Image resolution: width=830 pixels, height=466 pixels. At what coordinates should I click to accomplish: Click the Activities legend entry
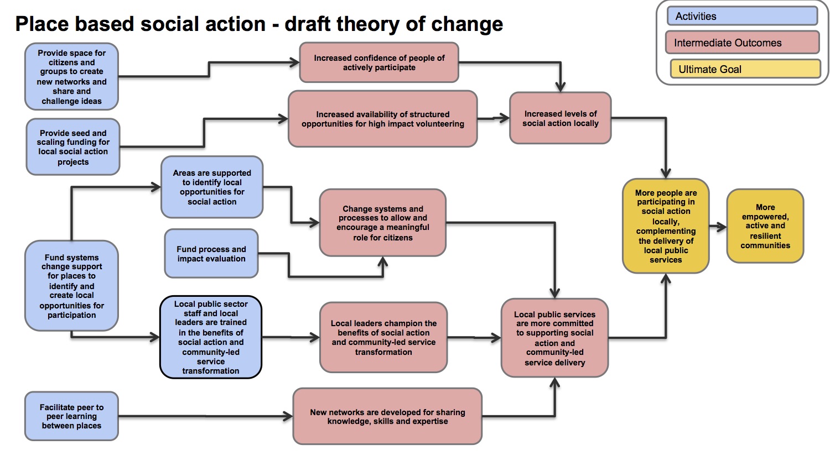[742, 16]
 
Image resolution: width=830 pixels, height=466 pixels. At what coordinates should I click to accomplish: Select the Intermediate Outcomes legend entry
[742, 43]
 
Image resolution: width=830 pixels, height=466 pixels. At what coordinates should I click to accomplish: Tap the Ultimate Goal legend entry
[745, 69]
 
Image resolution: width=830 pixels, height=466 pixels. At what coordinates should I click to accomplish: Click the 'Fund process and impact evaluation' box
[211, 254]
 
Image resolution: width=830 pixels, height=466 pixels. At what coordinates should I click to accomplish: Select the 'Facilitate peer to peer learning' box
[71, 416]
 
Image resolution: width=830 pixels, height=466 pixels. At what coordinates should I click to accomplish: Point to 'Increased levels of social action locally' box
[560, 118]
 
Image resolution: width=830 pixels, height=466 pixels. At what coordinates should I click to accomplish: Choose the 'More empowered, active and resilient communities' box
[765, 226]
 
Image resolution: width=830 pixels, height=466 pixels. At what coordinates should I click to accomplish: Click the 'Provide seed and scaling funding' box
[73, 147]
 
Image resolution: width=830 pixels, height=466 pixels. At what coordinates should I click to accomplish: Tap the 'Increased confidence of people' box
[379, 62]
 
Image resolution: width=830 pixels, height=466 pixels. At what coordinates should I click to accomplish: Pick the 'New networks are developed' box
[387, 416]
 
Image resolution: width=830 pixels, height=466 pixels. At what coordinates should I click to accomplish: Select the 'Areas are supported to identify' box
[212, 187]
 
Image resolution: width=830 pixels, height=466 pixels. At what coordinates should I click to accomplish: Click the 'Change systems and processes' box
[383, 223]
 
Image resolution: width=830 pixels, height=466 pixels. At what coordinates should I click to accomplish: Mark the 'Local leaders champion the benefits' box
[383, 337]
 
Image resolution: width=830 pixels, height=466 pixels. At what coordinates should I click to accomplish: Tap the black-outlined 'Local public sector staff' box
[211, 337]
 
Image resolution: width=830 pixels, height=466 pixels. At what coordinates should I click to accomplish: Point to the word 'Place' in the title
[42, 24]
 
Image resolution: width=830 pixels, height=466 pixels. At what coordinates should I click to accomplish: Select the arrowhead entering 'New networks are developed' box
[288, 416]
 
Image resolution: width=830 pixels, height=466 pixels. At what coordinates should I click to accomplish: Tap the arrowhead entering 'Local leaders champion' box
[315, 337]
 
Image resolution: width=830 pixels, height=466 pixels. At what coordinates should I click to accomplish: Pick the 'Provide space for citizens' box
[71, 77]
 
